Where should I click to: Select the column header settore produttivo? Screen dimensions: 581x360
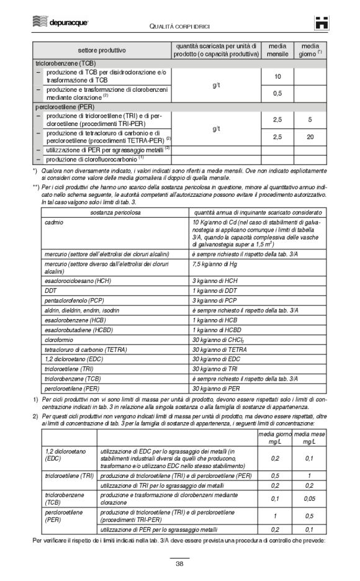[x=102, y=50]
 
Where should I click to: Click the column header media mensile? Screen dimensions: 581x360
[x=277, y=50]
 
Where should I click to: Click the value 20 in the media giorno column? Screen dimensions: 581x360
[x=310, y=136]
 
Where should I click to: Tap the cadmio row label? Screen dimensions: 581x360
[x=53, y=222]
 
